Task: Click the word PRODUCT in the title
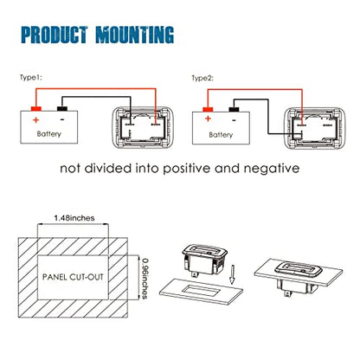55,35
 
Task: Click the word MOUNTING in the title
135,35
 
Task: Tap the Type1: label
31,77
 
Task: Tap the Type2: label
202,78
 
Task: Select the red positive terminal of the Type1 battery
36,109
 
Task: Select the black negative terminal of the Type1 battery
62,108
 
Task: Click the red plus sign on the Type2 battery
208,119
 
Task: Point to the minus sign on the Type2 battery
235,119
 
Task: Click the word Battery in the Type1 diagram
49,134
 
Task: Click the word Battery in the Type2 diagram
221,135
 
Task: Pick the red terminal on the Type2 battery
208,110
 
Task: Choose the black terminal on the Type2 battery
234,109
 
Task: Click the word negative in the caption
272,168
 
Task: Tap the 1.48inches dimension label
74,218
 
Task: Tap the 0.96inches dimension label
145,279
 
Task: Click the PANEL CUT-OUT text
73,277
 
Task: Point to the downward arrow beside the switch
232,274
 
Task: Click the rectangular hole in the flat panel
202,290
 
